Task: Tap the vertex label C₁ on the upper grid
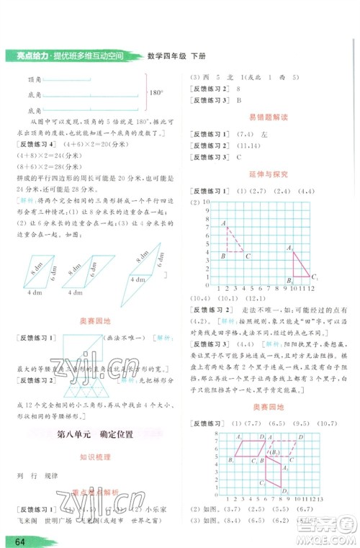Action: coord(314,276)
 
